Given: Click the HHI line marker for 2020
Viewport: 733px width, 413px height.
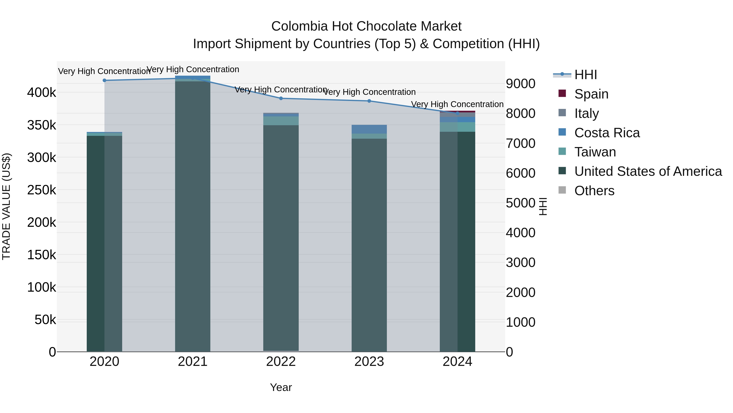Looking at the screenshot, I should (104, 80).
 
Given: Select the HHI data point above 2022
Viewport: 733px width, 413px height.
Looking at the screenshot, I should (281, 98).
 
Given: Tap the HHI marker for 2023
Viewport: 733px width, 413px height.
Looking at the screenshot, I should (369, 101).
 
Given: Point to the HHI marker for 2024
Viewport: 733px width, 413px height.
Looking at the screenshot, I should (457, 113).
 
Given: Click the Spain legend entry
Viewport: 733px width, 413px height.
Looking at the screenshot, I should (591, 94).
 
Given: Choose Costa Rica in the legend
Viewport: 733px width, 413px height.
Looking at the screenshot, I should (607, 133).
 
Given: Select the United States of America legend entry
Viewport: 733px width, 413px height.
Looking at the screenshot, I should (648, 172).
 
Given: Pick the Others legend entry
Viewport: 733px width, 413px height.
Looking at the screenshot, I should (594, 191).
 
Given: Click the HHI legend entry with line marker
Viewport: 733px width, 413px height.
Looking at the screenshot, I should (586, 75).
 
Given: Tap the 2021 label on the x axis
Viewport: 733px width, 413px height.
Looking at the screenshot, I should (193, 362).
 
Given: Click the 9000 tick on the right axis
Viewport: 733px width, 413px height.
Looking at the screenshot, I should (520, 84).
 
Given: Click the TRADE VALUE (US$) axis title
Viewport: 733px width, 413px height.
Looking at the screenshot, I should (6, 206).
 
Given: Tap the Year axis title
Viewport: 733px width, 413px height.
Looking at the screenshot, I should (281, 387).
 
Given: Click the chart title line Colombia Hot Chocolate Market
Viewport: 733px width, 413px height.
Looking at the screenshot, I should (366, 26).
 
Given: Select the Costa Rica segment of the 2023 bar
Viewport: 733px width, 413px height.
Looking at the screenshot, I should (369, 129).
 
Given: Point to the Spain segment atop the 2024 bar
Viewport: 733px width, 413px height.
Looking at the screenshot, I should (457, 111).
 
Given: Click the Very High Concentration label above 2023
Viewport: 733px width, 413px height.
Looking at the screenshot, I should (369, 92).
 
